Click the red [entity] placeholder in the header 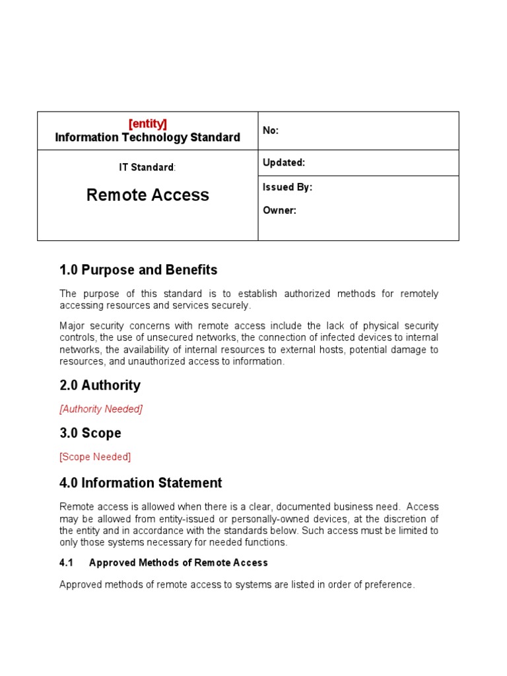click(x=147, y=123)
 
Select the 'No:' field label click(x=271, y=131)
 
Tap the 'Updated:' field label click(x=284, y=162)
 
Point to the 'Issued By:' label click(x=287, y=187)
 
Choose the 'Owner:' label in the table click(x=279, y=211)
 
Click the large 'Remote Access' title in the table click(x=148, y=195)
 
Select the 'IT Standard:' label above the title click(x=147, y=168)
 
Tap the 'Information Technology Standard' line click(x=147, y=137)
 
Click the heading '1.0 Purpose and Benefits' click(x=138, y=270)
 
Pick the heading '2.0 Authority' click(x=100, y=385)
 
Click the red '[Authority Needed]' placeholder click(x=101, y=409)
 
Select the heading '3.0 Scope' click(x=90, y=433)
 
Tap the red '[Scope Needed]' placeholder click(x=95, y=457)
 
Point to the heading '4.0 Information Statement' click(x=141, y=483)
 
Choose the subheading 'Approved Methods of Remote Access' click(x=178, y=563)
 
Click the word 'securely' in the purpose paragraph click(x=231, y=306)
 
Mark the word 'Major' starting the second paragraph click(x=72, y=326)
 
